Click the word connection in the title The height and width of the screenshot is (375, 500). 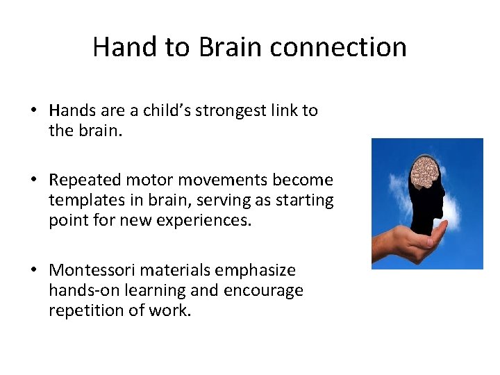(x=338, y=47)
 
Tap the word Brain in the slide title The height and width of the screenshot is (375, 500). (x=231, y=47)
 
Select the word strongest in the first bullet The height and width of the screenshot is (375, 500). (x=230, y=111)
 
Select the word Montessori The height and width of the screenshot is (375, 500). (x=94, y=269)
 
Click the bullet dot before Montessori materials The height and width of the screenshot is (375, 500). (x=33, y=270)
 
